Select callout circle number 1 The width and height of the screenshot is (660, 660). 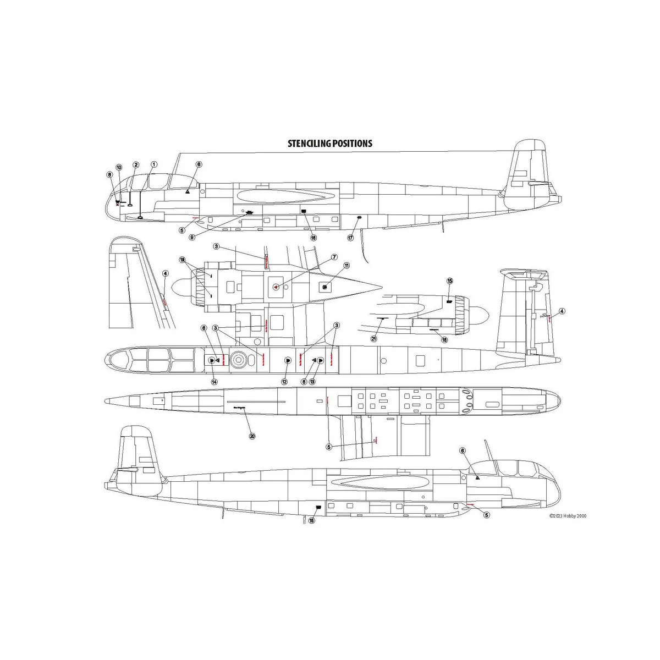pos(154,164)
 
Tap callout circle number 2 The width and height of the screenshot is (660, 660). pos(136,165)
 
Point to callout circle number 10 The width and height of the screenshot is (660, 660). pos(119,167)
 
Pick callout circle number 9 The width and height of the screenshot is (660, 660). pos(192,237)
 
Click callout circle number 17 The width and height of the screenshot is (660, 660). pos(350,238)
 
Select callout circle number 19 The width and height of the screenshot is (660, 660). pos(182,260)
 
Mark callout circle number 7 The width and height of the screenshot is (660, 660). pos(334,257)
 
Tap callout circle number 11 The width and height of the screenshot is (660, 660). pos(346,266)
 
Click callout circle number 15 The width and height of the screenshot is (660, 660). pos(449,281)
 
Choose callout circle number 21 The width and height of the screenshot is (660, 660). pos(374,339)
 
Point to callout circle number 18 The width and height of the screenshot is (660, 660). pos(444,340)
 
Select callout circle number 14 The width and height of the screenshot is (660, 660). pos(215,382)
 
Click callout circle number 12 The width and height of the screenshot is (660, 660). pos(284,382)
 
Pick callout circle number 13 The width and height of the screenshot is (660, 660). pos(312,382)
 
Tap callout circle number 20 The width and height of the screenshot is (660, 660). pos(252,436)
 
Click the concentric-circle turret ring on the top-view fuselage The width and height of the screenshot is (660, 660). pos(238,360)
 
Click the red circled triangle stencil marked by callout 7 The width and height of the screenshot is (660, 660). pos(276,287)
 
